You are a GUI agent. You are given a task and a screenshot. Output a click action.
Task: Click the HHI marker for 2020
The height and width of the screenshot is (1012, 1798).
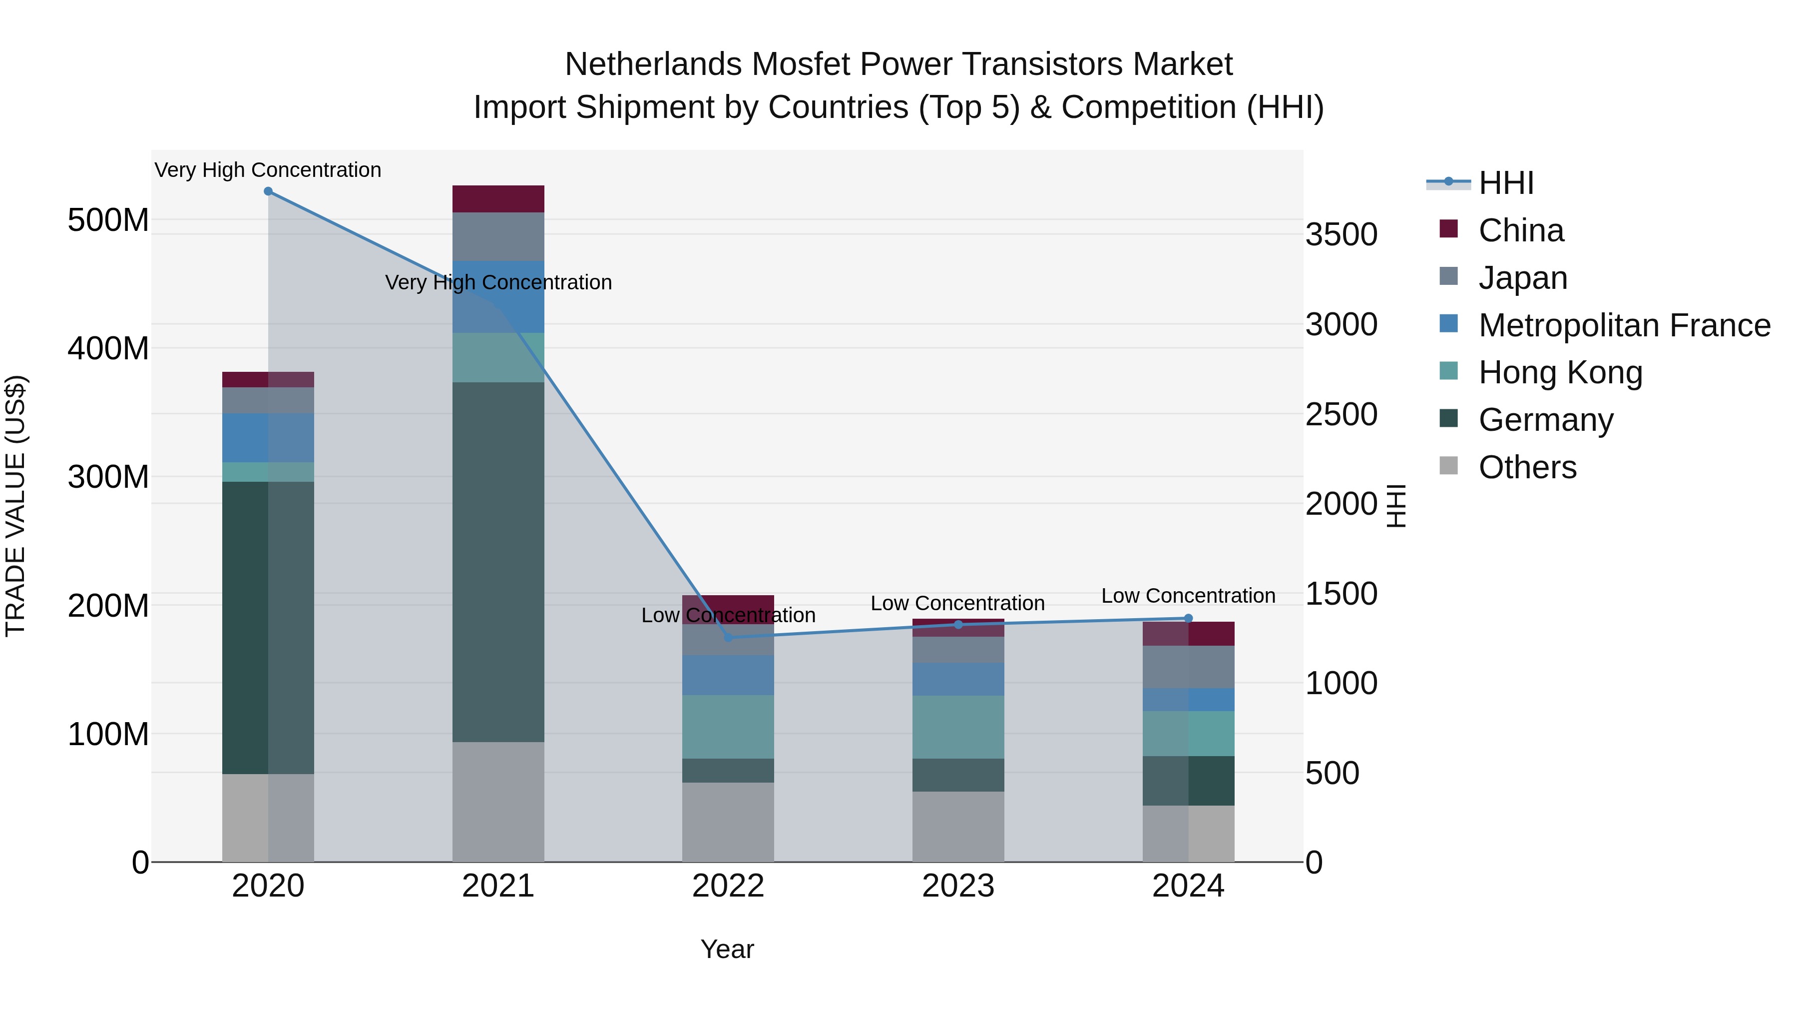[x=268, y=191]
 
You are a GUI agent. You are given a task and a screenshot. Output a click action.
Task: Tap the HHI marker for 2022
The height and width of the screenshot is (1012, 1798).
[x=728, y=637]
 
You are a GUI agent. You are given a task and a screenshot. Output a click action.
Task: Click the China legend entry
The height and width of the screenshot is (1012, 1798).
[x=1520, y=230]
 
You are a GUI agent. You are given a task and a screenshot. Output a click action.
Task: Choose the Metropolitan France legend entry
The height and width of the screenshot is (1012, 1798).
[x=1624, y=325]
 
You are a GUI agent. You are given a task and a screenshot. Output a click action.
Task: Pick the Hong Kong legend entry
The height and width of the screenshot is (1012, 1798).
[x=1559, y=372]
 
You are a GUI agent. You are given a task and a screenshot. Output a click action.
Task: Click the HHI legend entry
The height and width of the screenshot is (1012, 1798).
[x=1505, y=183]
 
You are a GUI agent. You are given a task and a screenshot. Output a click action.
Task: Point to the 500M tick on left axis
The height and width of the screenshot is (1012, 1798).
[x=108, y=221]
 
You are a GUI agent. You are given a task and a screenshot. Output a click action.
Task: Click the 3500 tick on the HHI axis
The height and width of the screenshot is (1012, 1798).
[x=1341, y=235]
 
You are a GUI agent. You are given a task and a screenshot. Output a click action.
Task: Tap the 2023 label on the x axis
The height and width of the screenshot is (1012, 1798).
[x=957, y=886]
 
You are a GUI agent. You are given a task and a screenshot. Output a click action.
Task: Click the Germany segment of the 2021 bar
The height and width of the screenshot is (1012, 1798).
[x=497, y=562]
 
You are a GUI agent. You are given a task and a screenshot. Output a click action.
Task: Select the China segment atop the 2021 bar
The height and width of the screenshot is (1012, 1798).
[x=497, y=199]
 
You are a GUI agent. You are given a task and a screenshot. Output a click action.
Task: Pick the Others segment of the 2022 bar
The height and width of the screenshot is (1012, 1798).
[x=728, y=822]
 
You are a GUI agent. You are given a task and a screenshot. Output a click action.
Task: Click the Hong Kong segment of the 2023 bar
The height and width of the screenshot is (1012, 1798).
[x=957, y=727]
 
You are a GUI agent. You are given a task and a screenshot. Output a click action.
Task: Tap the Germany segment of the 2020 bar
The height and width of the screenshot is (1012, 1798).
[x=268, y=628]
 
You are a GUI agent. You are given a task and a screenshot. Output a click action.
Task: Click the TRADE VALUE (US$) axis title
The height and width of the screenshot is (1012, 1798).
[x=15, y=506]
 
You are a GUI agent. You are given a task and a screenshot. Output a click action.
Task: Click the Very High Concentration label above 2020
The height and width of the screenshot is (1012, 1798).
[x=268, y=170]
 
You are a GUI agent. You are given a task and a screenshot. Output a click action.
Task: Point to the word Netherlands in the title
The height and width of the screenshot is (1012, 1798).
[x=654, y=64]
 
